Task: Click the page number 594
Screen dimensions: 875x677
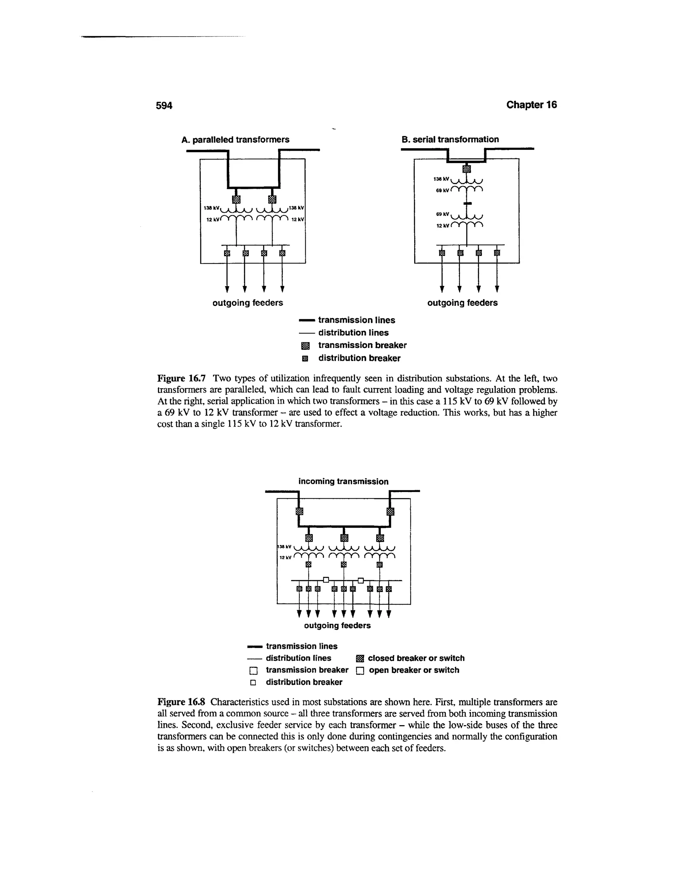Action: click(164, 105)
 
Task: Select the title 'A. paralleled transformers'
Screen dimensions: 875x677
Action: click(235, 139)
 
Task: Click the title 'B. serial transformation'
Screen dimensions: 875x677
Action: click(450, 139)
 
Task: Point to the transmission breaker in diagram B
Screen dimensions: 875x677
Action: click(466, 169)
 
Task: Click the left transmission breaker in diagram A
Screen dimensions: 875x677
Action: click(236, 199)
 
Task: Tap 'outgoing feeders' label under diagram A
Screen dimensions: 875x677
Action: click(248, 303)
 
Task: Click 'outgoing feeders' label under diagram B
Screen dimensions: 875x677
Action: click(462, 303)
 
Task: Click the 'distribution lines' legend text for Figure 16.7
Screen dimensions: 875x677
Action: click(353, 332)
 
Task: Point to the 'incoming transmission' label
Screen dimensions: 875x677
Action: click(343, 481)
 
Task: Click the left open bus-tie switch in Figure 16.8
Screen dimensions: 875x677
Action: click(326, 580)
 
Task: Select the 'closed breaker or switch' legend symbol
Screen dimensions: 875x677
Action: click(360, 659)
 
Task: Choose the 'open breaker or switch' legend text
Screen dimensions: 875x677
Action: click(414, 670)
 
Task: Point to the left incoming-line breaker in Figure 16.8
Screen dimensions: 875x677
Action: click(299, 511)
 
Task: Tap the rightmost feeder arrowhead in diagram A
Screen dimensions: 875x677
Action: click(282, 289)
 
